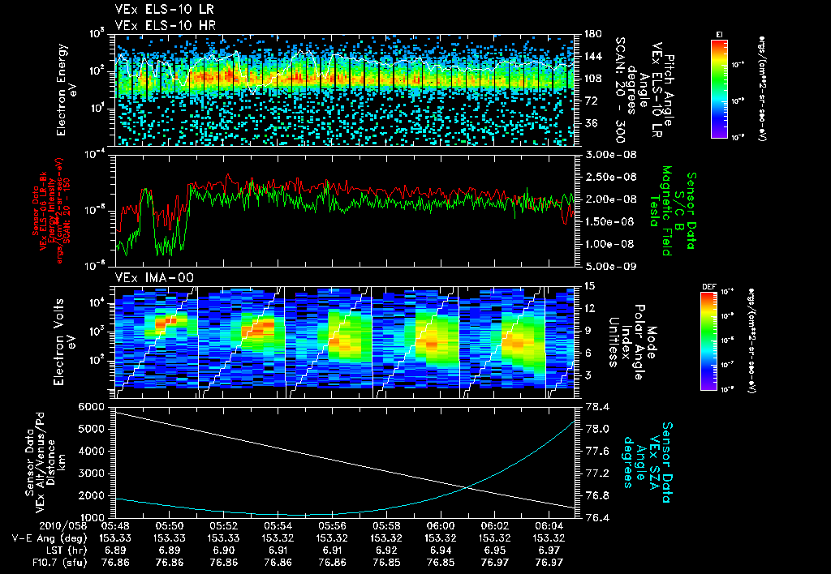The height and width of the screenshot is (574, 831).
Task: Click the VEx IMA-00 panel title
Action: tap(143, 277)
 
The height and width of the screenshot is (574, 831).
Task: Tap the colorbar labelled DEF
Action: tap(719, 341)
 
